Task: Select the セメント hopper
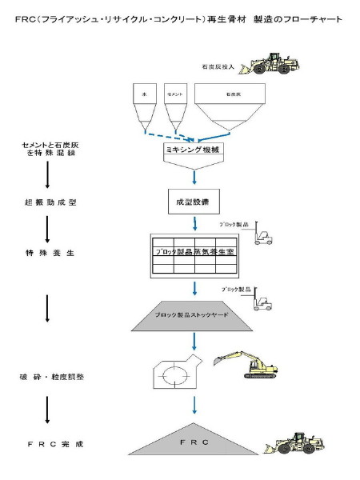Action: point(174,101)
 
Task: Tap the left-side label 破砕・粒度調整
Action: point(49,376)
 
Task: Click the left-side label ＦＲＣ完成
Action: point(49,442)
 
